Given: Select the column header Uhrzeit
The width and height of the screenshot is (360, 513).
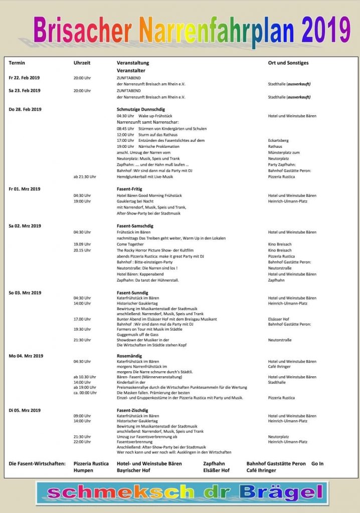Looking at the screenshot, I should coord(82,63).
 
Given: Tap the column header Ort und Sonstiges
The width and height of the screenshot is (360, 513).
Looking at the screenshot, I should coord(288,63).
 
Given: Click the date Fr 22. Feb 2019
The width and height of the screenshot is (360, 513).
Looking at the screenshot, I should coord(24,78).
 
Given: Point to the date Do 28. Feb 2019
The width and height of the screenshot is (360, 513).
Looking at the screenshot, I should coord(25,109).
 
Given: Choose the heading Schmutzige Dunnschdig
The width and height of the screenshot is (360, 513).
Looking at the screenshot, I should coord(140,109).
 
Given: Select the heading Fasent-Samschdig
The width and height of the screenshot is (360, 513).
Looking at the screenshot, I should coord(135,226).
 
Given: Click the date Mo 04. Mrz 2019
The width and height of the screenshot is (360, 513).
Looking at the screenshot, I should coord(26,355).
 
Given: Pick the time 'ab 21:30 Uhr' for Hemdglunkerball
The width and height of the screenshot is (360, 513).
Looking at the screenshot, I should coord(85,177).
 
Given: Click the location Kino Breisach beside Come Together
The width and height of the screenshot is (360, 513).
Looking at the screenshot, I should coord(280,244).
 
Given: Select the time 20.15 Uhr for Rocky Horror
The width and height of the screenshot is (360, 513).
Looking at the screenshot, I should coord(82,250).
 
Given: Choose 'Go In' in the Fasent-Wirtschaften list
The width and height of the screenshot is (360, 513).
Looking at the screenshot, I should coord(317,463).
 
